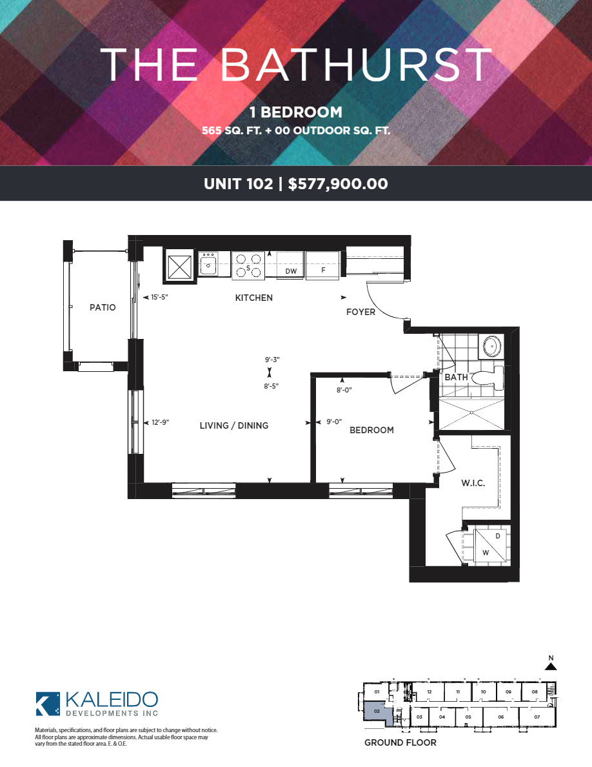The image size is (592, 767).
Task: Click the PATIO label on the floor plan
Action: click(103, 307)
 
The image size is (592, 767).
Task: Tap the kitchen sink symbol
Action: click(208, 264)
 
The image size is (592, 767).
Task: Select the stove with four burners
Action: click(248, 265)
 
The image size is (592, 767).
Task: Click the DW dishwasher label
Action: click(291, 271)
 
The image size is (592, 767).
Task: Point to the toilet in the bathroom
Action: click(491, 378)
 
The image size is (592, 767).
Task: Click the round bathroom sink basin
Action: click(492, 346)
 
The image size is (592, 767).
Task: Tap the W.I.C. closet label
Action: click(473, 484)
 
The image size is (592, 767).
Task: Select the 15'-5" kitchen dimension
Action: click(160, 298)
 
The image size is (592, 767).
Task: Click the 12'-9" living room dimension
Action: click(160, 423)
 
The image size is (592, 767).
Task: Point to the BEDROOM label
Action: click(371, 430)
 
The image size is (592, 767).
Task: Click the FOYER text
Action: click(361, 312)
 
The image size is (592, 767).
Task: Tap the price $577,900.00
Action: click(338, 184)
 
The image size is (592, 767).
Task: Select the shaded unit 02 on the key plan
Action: click(377, 711)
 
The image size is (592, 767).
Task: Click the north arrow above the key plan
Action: click(551, 666)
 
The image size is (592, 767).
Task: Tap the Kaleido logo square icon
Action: click(48, 704)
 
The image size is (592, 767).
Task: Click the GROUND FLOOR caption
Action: click(400, 742)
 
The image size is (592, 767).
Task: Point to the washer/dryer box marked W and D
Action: click(491, 544)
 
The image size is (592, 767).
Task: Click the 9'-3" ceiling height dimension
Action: click(272, 360)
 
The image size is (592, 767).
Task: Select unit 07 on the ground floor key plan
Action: click(537, 717)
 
